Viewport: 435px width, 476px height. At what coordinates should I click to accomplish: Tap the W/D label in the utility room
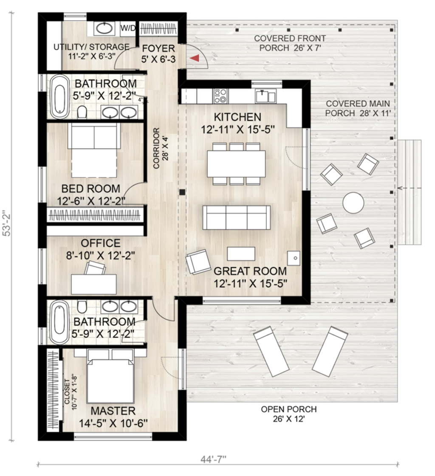click(128, 28)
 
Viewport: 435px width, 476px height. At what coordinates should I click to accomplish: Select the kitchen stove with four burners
click(220, 96)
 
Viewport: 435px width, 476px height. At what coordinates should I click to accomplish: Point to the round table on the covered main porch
click(353, 203)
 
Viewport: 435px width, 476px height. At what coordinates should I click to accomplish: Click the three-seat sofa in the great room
click(236, 217)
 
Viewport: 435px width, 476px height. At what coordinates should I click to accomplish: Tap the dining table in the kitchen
click(236, 163)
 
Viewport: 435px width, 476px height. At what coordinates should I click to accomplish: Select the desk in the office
click(94, 284)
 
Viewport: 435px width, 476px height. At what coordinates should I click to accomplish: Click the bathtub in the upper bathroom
click(59, 97)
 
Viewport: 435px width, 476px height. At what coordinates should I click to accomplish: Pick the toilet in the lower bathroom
click(82, 307)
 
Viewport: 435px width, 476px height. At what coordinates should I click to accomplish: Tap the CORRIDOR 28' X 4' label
click(161, 148)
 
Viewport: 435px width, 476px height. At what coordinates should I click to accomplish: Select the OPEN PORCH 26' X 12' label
click(288, 414)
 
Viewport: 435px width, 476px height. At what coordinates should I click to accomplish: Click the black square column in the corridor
click(182, 192)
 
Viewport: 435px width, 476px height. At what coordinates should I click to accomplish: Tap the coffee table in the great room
click(241, 254)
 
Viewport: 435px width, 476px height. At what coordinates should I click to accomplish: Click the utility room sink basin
click(105, 29)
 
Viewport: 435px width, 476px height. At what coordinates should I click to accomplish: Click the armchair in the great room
click(198, 262)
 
